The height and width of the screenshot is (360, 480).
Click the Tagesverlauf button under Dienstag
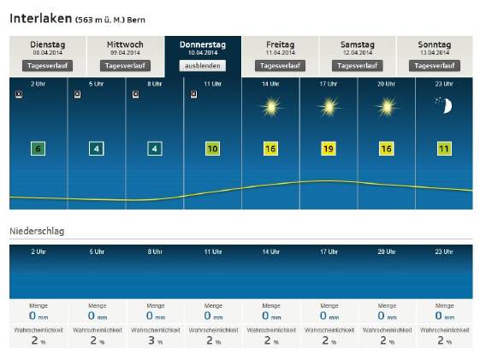pyautogui.click(x=47, y=66)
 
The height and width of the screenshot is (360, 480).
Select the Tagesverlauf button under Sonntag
pyautogui.click(x=435, y=66)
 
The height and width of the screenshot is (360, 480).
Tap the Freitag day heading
pyautogui.click(x=280, y=44)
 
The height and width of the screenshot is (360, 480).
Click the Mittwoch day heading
pyautogui.click(x=125, y=44)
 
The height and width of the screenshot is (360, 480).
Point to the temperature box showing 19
pyautogui.click(x=329, y=149)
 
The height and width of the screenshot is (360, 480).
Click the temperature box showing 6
pyautogui.click(x=38, y=149)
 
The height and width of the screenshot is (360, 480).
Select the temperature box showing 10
pyautogui.click(x=212, y=149)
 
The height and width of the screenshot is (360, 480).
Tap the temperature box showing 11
pyautogui.click(x=444, y=149)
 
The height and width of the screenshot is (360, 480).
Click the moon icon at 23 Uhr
pyautogui.click(x=444, y=105)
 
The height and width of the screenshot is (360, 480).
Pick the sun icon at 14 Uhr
pyautogui.click(x=271, y=107)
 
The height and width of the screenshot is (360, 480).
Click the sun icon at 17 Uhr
pyautogui.click(x=329, y=107)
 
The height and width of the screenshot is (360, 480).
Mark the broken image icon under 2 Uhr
pyautogui.click(x=19, y=94)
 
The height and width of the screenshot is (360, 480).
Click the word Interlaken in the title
pyautogui.click(x=41, y=19)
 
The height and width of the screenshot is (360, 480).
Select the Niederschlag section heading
pyautogui.click(x=37, y=231)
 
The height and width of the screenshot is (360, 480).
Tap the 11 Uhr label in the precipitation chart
pyautogui.click(x=213, y=251)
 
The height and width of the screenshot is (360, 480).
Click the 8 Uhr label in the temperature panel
pyautogui.click(x=155, y=84)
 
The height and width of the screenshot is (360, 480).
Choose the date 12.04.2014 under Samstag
pyautogui.click(x=358, y=53)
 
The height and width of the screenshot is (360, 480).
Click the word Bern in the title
pyautogui.click(x=136, y=21)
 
